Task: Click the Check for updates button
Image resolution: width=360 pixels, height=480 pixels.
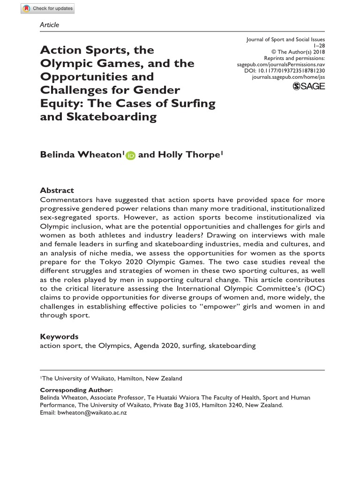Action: pyautogui.click(x=47, y=8)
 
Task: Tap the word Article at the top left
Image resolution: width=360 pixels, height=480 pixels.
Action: pyautogui.click(x=50, y=24)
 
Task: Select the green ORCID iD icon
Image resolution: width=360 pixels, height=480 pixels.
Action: pyautogui.click(x=130, y=156)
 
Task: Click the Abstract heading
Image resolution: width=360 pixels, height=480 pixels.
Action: pyautogui.click(x=57, y=190)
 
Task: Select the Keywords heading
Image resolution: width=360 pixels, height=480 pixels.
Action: pyautogui.click(x=59, y=337)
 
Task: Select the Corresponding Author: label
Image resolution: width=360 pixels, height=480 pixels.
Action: pyautogui.click(x=76, y=390)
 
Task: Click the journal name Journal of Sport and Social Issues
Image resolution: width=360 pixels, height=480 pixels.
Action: pyautogui.click(x=285, y=40)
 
